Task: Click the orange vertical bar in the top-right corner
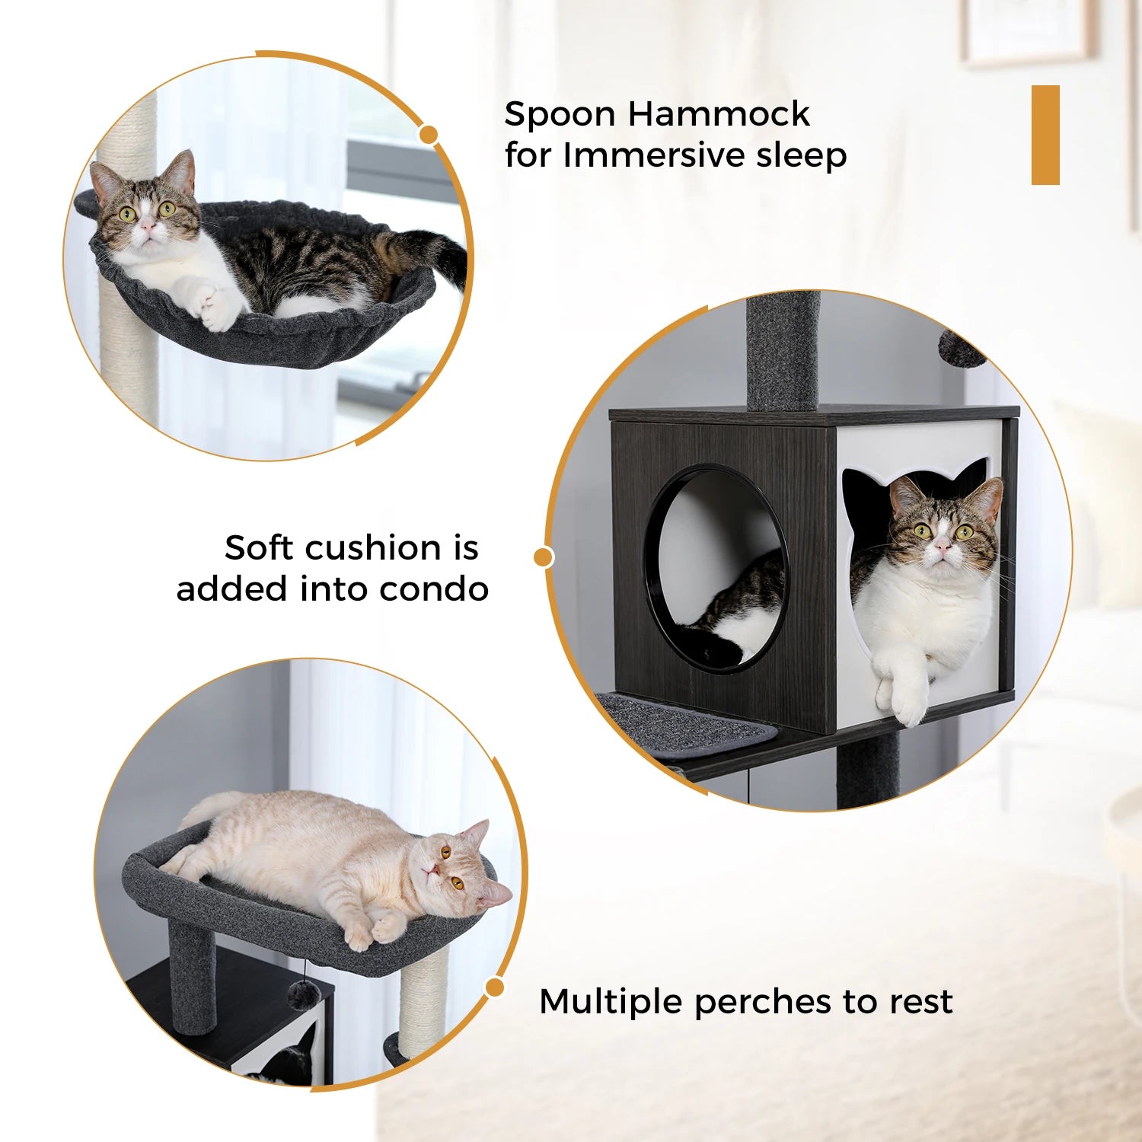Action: [1045, 135]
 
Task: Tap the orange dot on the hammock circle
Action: [429, 135]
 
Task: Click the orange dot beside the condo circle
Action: [543, 557]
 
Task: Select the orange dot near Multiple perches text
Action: [495, 987]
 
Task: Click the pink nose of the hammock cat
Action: [148, 226]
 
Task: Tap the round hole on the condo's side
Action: [716, 567]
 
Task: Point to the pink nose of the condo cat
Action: [943, 544]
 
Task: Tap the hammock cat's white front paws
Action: [206, 301]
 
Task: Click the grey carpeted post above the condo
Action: [783, 350]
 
